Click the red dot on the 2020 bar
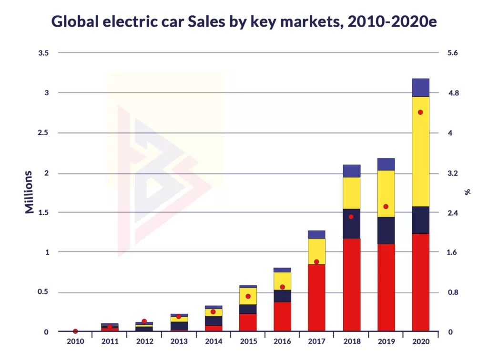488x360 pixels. [420, 112]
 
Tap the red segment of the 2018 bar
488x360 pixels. [351, 284]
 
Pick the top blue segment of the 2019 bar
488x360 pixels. [386, 164]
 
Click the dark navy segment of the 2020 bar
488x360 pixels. [420, 220]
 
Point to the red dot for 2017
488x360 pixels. [316, 262]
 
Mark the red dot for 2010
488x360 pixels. [75, 331]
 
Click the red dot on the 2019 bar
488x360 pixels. [386, 207]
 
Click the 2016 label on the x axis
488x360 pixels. [282, 341]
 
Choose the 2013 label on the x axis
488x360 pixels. [179, 341]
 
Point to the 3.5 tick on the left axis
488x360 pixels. [43, 53]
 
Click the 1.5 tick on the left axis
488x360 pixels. [43, 213]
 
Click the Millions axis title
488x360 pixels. [30, 192]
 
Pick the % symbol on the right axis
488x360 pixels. [468, 192]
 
